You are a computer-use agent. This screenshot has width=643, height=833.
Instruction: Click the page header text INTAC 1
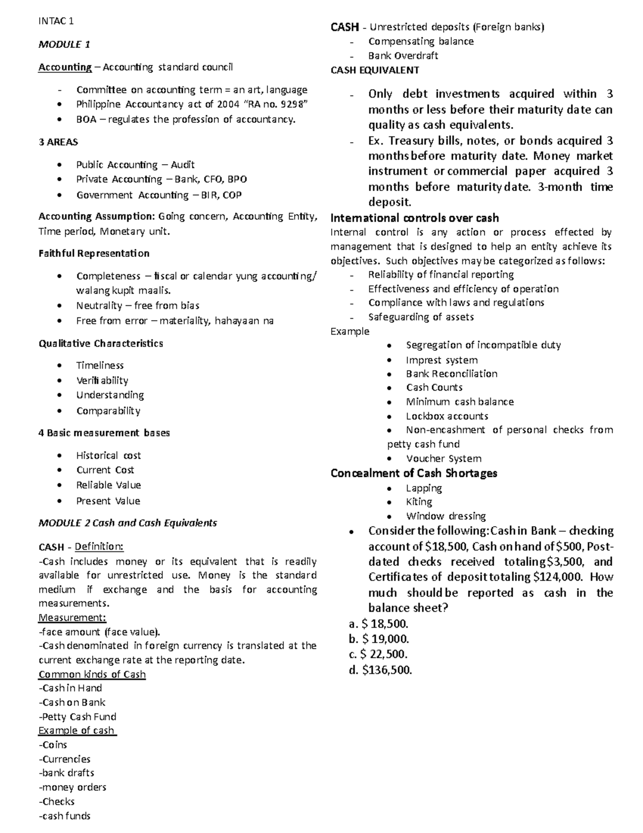pos(56,21)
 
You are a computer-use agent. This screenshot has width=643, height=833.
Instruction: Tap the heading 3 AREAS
pos(58,142)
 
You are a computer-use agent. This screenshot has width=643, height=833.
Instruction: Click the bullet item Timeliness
pos(100,365)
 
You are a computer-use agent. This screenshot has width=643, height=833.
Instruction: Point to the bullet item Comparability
pos(108,411)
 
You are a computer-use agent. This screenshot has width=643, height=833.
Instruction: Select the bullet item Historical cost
pos(108,455)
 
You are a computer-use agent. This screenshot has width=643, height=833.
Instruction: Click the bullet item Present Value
pos(108,501)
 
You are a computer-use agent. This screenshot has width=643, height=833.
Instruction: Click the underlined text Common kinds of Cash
pos(92,674)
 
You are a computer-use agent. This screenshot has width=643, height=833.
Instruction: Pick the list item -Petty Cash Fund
pos(77,717)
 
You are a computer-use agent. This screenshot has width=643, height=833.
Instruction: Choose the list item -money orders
pos(72,787)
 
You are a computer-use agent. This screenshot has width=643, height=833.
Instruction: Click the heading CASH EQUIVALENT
pos(375,70)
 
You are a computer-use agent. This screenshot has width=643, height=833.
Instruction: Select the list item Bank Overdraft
pos(403,56)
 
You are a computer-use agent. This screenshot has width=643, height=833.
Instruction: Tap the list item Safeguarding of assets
pos(421,317)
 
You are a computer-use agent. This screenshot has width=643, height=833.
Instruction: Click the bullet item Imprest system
pos(442,360)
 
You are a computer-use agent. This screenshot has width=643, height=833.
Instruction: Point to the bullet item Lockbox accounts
pos(447,416)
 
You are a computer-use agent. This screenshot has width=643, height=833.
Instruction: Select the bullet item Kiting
pos(419,502)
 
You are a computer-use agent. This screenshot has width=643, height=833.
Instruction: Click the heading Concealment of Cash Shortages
pos(414,473)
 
